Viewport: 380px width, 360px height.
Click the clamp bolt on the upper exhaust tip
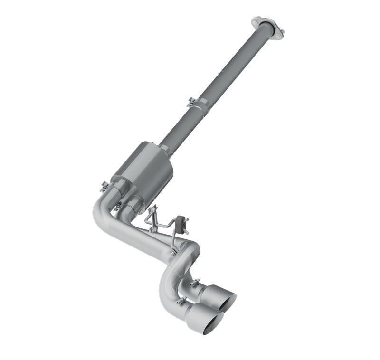194,284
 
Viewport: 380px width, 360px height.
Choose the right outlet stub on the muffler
133,203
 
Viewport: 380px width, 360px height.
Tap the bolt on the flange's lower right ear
281,33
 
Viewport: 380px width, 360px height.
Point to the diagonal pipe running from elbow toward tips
138,237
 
